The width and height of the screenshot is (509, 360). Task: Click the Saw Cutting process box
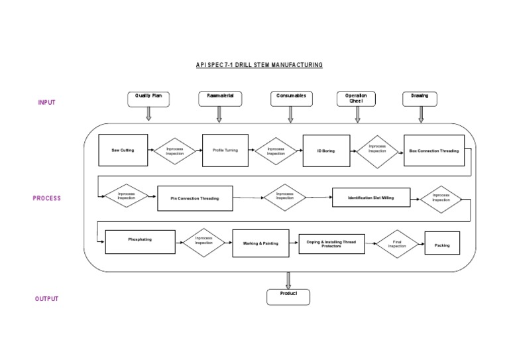[123, 150]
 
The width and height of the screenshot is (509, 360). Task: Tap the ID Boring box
[326, 150]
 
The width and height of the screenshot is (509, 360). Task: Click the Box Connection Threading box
[434, 150]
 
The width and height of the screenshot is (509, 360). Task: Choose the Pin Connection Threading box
[196, 198]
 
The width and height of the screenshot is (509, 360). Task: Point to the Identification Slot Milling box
[371, 198]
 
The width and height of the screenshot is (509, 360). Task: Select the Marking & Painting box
[260, 243]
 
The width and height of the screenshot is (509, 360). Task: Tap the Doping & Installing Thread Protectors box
[331, 244]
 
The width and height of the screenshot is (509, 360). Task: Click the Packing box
[442, 245]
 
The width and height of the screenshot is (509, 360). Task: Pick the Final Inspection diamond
[397, 245]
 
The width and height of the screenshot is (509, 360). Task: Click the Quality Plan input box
[148, 99]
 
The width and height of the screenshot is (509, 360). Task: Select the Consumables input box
[290, 99]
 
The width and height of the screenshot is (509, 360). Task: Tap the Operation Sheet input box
[357, 99]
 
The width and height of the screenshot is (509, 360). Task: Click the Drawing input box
[420, 99]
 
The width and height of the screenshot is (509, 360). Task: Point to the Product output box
[288, 296]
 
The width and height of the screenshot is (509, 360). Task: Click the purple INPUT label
[46, 103]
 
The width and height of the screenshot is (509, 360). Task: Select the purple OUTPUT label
[46, 299]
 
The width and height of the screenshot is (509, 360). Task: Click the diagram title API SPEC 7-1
[259, 65]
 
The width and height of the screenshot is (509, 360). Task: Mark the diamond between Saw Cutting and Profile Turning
[176, 151]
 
